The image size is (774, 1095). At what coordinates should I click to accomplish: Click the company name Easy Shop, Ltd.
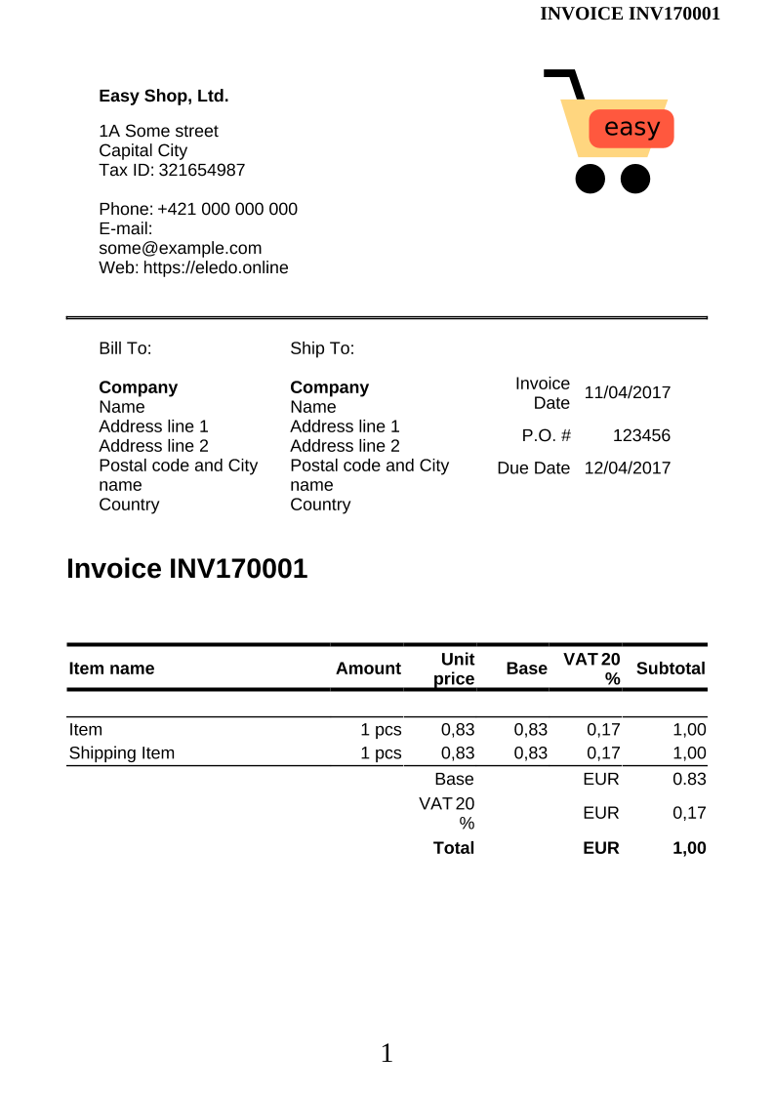163,96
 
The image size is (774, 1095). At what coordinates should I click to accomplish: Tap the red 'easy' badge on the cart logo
631,128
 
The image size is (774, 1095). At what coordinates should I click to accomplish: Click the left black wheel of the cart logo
590,179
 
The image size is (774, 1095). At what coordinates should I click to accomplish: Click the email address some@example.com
181,248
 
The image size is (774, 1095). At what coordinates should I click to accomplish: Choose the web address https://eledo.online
216,267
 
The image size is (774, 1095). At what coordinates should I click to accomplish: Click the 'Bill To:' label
125,348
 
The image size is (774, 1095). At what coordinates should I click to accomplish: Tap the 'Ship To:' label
322,348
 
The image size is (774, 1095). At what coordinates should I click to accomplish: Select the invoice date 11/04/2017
627,392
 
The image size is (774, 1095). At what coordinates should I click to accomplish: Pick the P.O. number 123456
641,435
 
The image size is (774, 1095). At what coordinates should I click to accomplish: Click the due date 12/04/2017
627,467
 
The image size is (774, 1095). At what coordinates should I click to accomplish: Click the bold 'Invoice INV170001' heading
186,569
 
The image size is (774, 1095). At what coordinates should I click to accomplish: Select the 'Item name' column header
111,669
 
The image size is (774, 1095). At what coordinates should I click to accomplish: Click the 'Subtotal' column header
670,669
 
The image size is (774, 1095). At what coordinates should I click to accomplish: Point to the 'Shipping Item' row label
121,752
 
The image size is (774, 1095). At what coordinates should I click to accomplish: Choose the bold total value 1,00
689,848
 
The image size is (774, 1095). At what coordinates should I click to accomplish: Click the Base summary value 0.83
689,779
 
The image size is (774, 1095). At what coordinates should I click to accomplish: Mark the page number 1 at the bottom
387,1053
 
